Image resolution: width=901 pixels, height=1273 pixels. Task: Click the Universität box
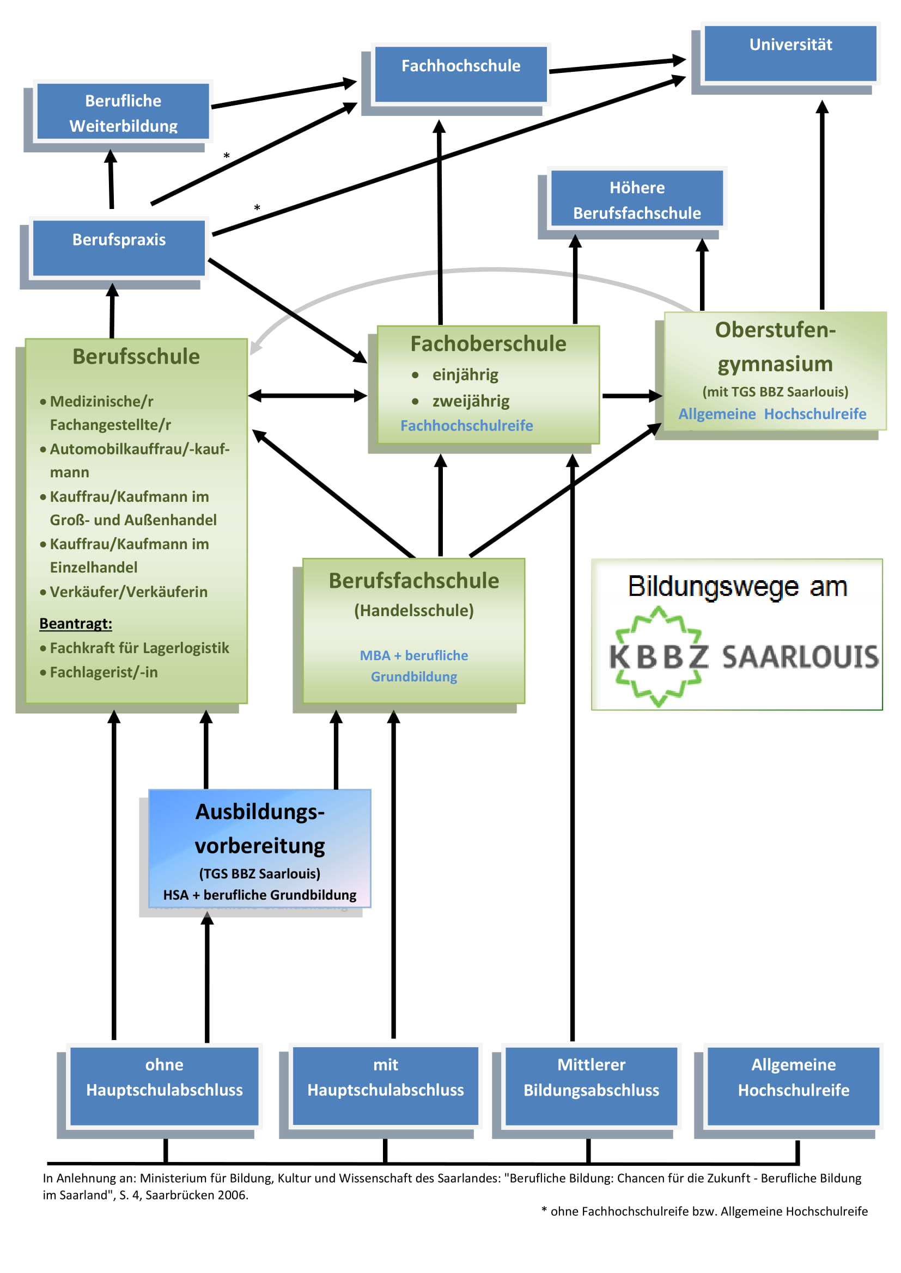[x=790, y=53]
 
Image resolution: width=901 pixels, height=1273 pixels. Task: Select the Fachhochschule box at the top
[x=460, y=73]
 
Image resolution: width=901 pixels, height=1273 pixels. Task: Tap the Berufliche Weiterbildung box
[x=123, y=112]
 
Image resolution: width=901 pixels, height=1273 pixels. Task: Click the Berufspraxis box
[x=119, y=247]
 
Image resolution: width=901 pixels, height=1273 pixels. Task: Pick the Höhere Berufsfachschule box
[x=636, y=199]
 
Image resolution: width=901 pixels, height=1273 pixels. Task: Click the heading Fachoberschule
[x=488, y=344]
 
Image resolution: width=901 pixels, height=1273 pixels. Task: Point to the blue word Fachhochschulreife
[x=466, y=425]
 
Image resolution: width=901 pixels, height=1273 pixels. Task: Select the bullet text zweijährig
[x=471, y=401]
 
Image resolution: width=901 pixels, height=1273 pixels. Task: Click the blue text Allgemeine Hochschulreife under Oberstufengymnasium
[x=772, y=414]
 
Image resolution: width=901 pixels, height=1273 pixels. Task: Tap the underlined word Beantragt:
[x=76, y=623]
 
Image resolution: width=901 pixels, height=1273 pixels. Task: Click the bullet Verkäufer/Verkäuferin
[x=128, y=592]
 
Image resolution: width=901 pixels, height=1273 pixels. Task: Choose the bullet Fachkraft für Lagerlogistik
[x=139, y=648]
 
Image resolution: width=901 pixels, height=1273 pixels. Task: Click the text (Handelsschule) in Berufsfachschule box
[x=413, y=611]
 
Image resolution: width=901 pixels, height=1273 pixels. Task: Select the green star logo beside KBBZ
[x=658, y=656]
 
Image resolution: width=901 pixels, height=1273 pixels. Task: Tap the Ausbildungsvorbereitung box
[x=259, y=848]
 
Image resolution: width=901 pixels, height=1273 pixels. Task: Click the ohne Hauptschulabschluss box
[x=164, y=1086]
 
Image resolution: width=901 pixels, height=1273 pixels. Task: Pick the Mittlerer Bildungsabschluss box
[x=591, y=1086]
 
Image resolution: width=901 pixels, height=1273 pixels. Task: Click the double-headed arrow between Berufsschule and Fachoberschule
[x=307, y=396]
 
